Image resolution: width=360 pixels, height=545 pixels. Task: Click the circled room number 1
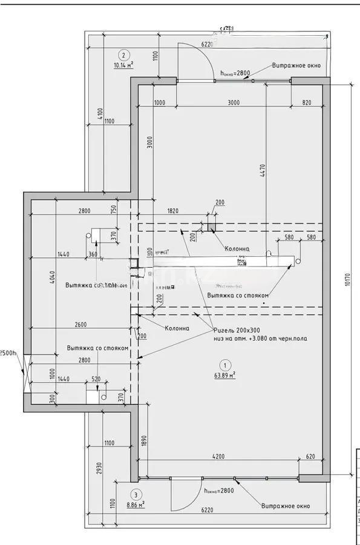point(224,365)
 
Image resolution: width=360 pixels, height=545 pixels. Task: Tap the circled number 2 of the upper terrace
point(123,53)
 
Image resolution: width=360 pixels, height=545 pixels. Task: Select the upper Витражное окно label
point(296,65)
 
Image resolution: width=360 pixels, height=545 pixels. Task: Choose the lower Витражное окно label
point(286,506)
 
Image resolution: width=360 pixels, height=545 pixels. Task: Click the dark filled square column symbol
point(212,227)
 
